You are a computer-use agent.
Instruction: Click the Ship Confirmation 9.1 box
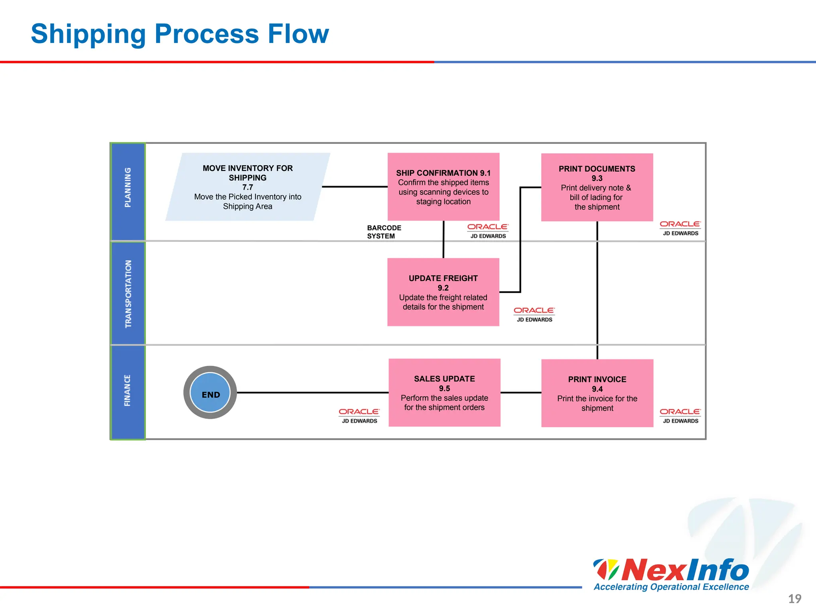point(443,186)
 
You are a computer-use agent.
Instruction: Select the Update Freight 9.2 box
point(443,292)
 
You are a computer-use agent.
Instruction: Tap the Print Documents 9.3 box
point(597,187)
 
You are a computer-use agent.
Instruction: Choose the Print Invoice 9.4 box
point(597,393)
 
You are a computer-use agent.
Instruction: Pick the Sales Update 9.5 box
point(444,392)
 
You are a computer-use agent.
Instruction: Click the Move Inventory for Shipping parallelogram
point(247,187)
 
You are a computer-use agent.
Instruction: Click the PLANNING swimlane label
point(127,187)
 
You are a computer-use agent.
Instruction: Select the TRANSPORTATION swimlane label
point(128,294)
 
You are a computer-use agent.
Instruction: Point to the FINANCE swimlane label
point(127,390)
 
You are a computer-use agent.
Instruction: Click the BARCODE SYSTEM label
point(384,232)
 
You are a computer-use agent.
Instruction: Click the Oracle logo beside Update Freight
point(534,314)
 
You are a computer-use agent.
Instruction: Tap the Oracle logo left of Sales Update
point(359,415)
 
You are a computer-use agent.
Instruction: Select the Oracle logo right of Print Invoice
point(680,415)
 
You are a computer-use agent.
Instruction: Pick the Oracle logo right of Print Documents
point(680,228)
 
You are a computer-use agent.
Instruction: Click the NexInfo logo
point(671,574)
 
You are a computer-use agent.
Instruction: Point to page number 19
point(794,598)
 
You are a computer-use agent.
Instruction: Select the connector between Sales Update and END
point(312,392)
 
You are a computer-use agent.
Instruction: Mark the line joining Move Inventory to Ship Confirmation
point(355,186)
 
